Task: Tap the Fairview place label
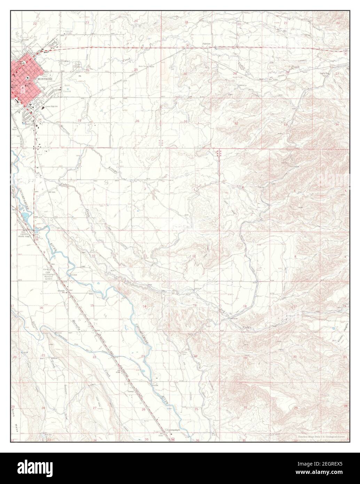(208, 44)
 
